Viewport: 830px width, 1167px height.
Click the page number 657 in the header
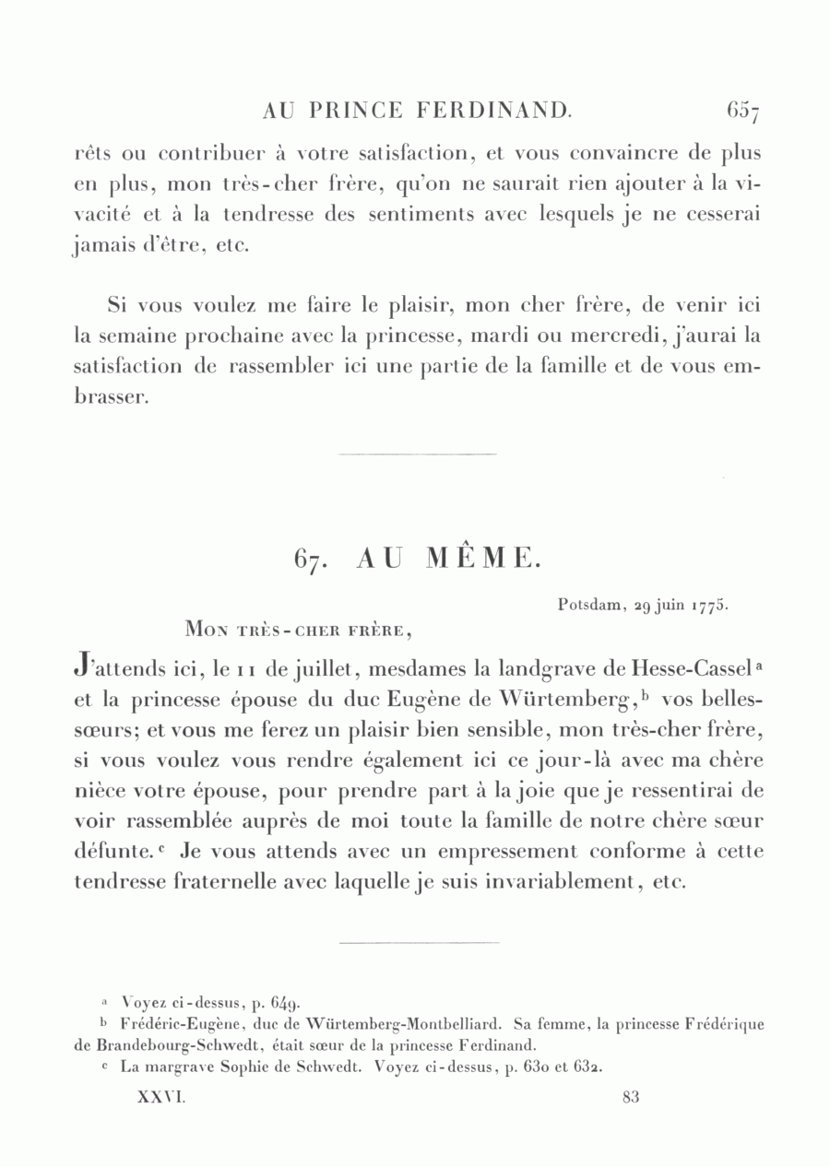(x=742, y=112)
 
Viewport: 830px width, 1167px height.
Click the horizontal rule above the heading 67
(x=418, y=454)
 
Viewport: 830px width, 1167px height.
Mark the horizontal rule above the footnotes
(x=419, y=942)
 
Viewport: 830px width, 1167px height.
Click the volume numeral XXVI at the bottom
(x=161, y=1098)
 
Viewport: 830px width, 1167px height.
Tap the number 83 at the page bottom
(x=631, y=1098)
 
